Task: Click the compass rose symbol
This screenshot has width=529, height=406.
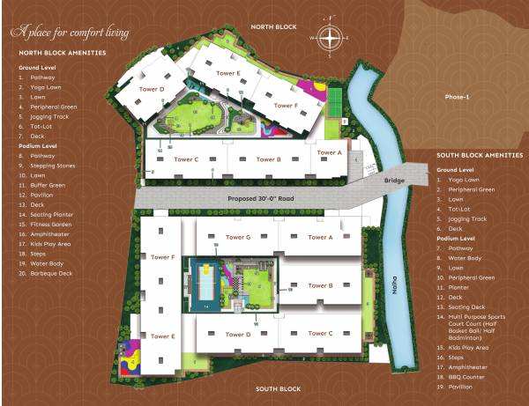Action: click(x=331, y=37)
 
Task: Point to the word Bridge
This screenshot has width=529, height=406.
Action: click(x=394, y=181)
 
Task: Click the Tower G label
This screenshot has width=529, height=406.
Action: click(x=238, y=237)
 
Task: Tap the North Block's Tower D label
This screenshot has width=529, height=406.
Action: click(x=152, y=89)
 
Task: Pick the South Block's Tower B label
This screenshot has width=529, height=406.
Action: click(x=319, y=285)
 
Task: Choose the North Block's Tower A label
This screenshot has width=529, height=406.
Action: click(x=328, y=152)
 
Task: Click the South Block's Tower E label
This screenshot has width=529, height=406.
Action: click(x=161, y=336)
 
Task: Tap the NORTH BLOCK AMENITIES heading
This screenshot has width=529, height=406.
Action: click(x=62, y=53)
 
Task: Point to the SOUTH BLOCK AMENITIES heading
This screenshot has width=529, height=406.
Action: click(x=480, y=155)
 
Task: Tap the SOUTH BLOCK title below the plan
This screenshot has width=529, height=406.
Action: click(x=279, y=388)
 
